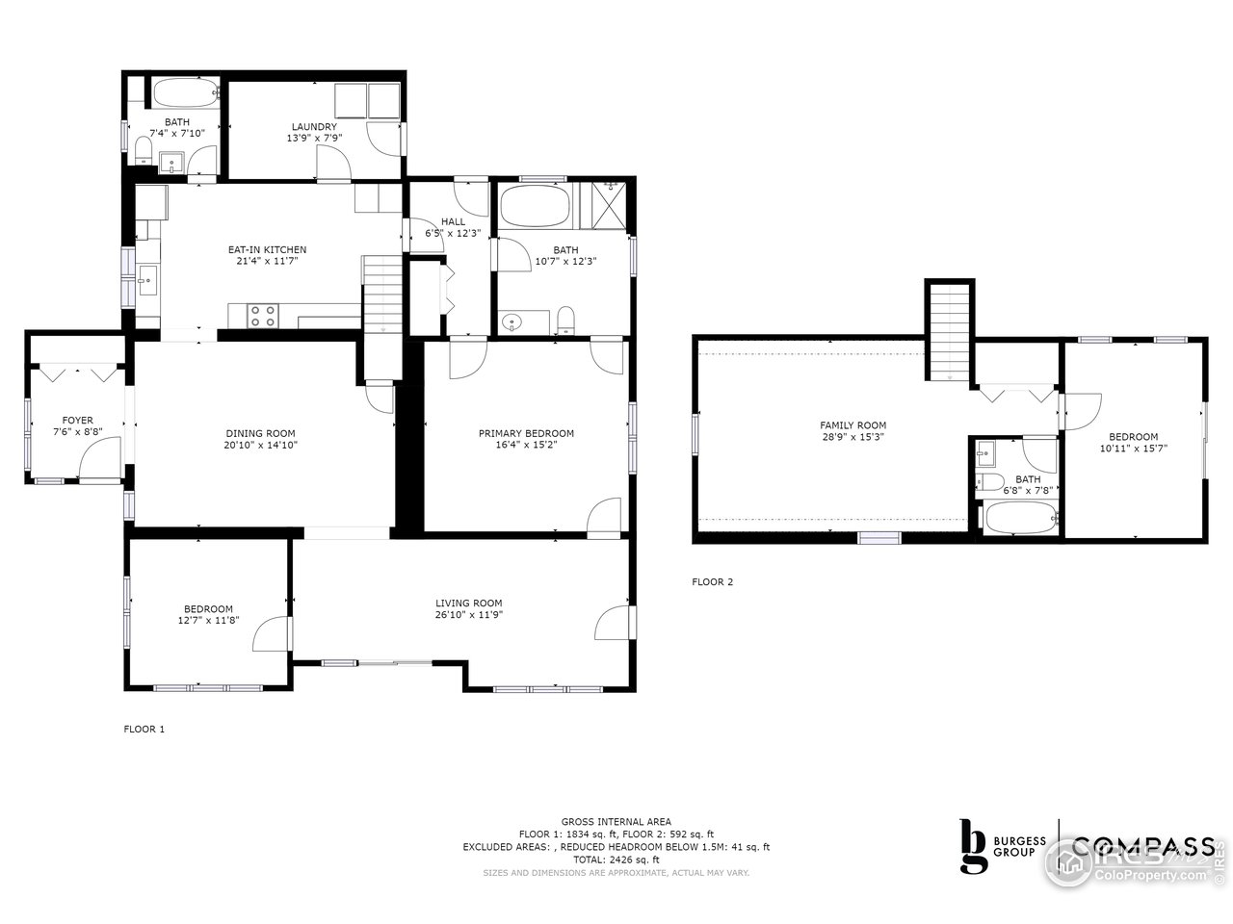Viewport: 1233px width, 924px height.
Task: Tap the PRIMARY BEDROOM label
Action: [526, 433]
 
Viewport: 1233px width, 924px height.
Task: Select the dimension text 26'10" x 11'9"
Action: [469, 615]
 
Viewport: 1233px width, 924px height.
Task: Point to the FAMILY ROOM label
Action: [853, 424]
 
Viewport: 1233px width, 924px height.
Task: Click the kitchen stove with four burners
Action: [263, 316]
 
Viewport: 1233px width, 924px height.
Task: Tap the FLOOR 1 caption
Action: [144, 729]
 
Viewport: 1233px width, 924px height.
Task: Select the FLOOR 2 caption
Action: [712, 581]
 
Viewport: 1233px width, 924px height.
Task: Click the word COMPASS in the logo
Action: [1142, 846]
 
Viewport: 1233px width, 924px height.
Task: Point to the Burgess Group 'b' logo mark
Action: [974, 846]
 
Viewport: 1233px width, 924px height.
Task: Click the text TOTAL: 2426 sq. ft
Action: [616, 860]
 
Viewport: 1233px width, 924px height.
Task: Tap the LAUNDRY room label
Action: [314, 126]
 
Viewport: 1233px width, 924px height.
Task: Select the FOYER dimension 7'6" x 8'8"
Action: [78, 432]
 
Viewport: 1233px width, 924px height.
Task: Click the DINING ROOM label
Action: [260, 433]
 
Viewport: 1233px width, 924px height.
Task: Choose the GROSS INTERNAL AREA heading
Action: [616, 821]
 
